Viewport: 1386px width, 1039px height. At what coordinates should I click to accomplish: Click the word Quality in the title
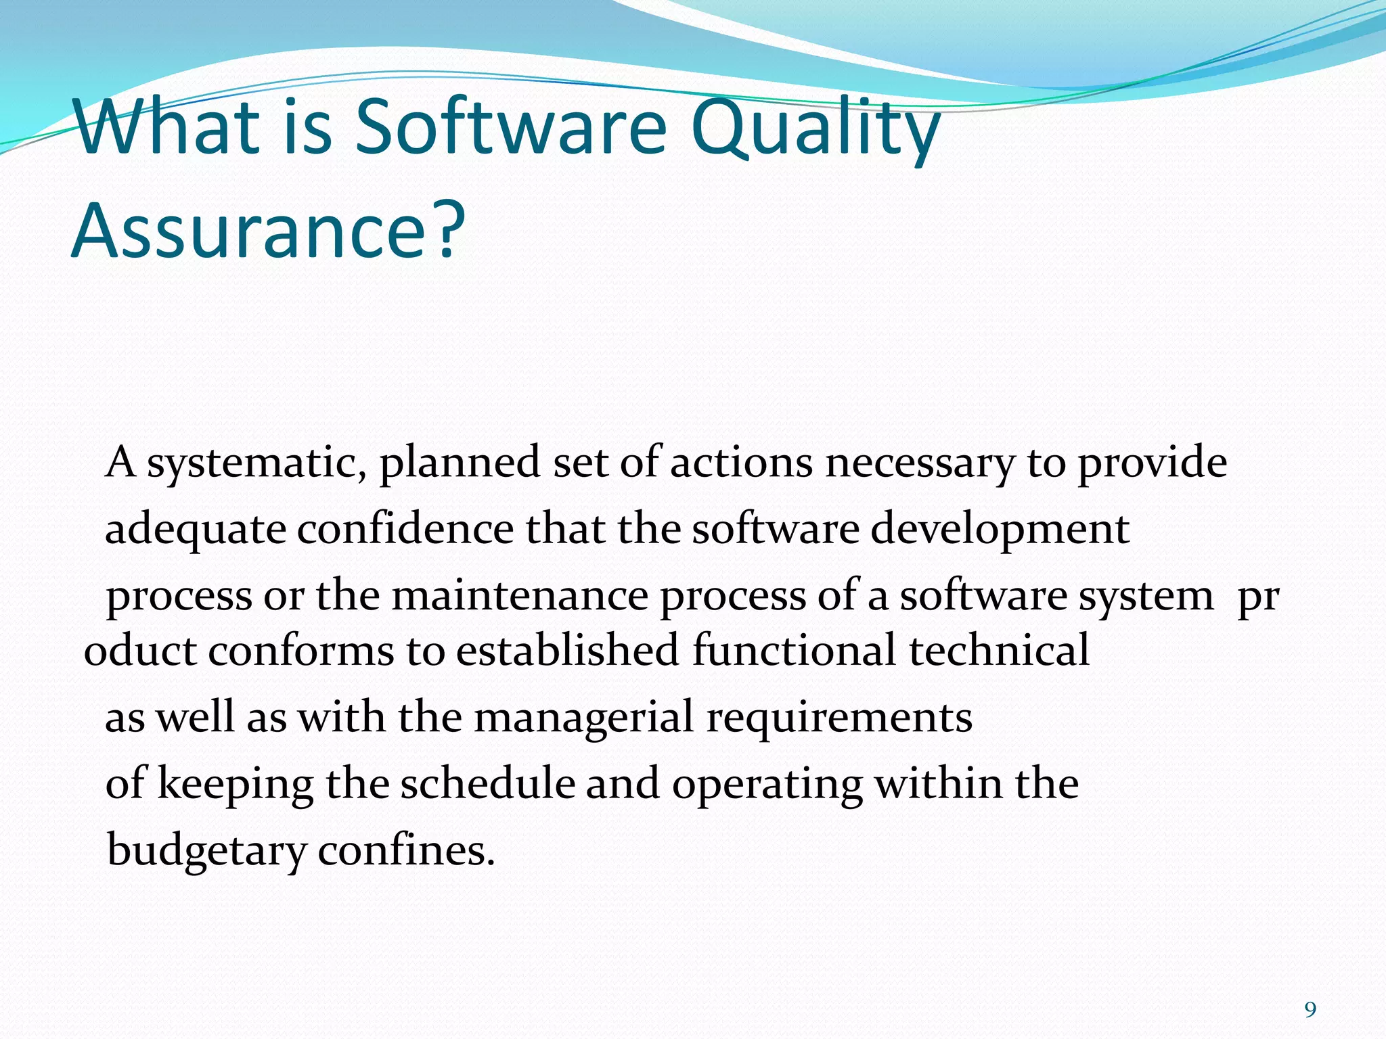815,129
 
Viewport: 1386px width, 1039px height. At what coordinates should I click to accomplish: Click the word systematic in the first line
257,464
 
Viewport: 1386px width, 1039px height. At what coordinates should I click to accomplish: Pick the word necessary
920,464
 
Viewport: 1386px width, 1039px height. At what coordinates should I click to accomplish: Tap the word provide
1152,464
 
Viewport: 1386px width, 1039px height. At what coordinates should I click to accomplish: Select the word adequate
196,530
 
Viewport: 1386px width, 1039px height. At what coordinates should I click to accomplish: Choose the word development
1000,530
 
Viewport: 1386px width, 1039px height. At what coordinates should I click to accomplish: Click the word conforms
300,651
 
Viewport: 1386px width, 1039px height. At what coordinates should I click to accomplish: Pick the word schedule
487,785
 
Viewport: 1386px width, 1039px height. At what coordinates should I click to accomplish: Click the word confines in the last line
405,851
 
